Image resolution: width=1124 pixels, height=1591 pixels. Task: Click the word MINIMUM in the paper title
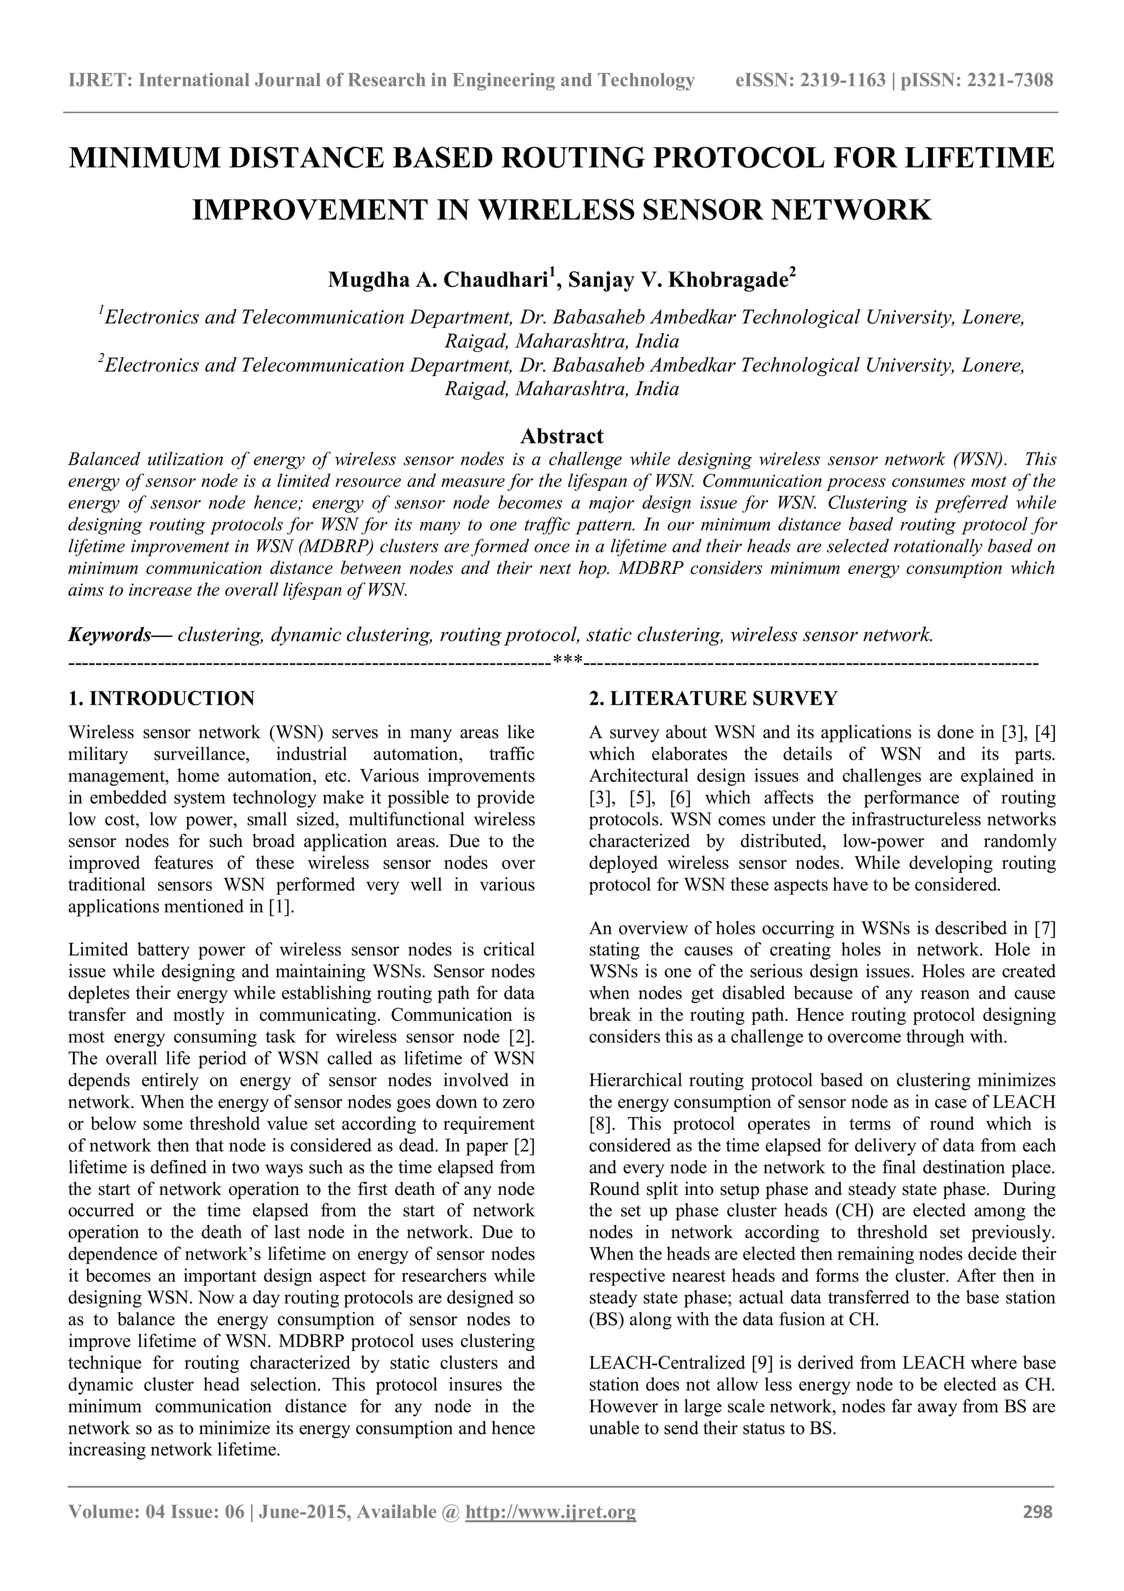click(142, 159)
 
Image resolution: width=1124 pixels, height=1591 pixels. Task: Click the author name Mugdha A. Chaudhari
click(437, 280)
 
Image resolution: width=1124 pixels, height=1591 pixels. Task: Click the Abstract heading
click(561, 436)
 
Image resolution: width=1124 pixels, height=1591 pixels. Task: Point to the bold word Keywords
click(109, 635)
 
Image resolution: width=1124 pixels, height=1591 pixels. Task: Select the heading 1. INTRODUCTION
click(161, 698)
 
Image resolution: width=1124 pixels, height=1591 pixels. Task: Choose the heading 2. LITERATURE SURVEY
click(713, 698)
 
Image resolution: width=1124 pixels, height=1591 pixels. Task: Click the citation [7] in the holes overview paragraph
click(1044, 928)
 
